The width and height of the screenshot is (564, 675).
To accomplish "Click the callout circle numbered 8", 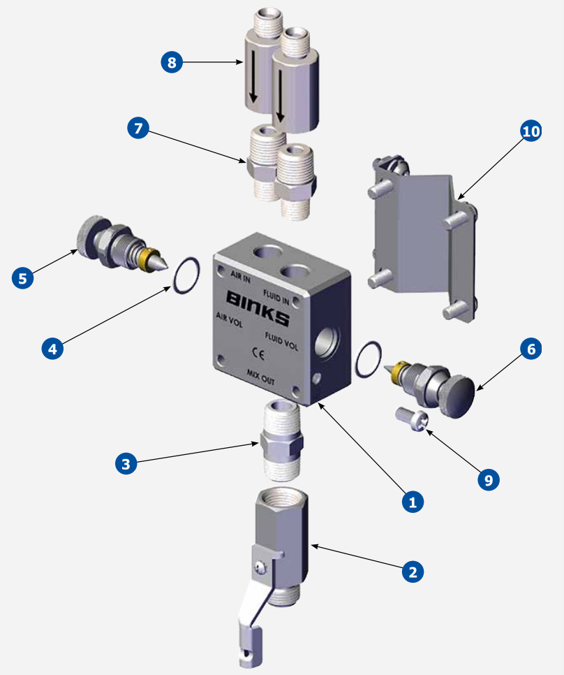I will (x=172, y=63).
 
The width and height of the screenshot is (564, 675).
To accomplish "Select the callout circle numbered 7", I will (x=138, y=129).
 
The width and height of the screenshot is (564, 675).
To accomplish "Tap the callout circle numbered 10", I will (x=531, y=131).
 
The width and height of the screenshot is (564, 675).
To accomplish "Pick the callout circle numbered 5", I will (x=23, y=277).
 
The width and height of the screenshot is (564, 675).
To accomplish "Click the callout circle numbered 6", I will (x=530, y=349).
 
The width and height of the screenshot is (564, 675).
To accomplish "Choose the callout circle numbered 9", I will (x=488, y=479).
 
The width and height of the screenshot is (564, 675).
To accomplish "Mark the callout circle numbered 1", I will (x=413, y=500).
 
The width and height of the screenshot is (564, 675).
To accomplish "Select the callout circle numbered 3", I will (x=126, y=464).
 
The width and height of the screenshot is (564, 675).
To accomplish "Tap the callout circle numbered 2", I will (x=413, y=572).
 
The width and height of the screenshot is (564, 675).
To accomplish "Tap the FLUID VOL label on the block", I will (x=281, y=340).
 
